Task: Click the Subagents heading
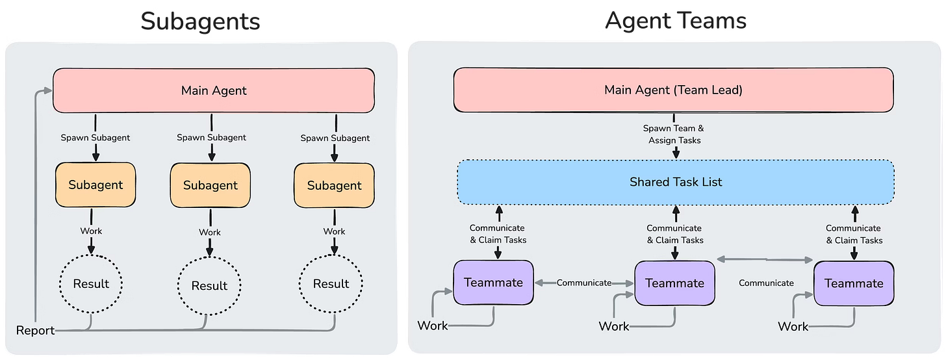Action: click(200, 21)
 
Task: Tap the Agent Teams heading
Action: click(676, 21)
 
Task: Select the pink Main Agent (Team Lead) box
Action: click(673, 90)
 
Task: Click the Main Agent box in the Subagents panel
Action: click(214, 90)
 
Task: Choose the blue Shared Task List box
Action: click(676, 182)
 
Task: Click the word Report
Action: click(36, 331)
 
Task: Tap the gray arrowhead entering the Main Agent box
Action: click(47, 91)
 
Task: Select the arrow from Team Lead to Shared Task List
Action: click(676, 152)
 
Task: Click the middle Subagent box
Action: click(210, 185)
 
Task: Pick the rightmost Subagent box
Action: click(334, 185)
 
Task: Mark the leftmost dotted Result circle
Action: click(91, 284)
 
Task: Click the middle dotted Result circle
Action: click(209, 285)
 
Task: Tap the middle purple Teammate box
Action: click(674, 283)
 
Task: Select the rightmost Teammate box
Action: click(854, 283)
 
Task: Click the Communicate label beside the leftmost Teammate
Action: click(584, 283)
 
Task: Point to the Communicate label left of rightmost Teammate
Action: click(766, 283)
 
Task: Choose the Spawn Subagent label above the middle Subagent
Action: click(211, 137)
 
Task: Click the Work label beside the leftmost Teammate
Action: click(433, 325)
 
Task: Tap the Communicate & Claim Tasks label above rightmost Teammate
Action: click(854, 234)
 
